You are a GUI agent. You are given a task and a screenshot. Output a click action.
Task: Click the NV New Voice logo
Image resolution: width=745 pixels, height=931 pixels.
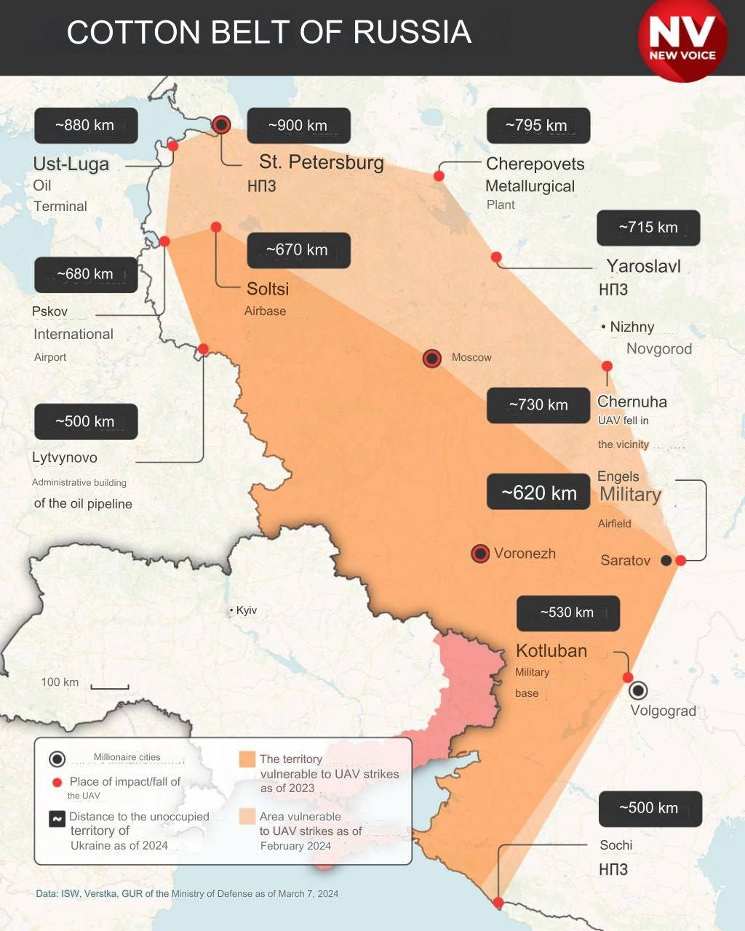(682, 40)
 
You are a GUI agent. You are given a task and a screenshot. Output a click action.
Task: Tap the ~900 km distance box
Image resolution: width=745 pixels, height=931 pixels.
(298, 126)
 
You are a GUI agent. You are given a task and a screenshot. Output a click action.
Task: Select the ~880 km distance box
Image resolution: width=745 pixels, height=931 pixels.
(85, 126)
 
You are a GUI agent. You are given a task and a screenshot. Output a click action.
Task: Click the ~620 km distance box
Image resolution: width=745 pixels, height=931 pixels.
(538, 492)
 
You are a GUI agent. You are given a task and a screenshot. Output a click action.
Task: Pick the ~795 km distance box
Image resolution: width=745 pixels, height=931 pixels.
(538, 126)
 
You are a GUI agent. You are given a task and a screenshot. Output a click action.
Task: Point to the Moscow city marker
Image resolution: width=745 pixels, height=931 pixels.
(432, 358)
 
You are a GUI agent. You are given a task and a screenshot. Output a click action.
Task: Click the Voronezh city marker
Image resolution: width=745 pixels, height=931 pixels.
(480, 554)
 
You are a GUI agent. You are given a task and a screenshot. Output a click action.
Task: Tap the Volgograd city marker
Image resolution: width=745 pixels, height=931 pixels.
(638, 690)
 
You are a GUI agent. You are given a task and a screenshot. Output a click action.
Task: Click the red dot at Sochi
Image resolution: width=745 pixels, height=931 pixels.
(498, 903)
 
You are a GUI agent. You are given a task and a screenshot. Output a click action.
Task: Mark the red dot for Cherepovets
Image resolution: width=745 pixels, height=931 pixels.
(439, 176)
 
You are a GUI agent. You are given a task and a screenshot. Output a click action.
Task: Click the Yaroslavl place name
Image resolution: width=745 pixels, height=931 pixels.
(643, 266)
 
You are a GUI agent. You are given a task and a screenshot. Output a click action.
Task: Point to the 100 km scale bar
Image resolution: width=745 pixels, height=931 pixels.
(111, 687)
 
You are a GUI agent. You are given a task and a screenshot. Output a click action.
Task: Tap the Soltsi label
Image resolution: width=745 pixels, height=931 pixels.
(268, 289)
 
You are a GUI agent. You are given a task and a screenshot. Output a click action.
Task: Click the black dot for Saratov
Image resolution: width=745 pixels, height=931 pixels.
(666, 560)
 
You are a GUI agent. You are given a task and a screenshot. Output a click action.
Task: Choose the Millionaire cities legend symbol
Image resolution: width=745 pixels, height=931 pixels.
(57, 759)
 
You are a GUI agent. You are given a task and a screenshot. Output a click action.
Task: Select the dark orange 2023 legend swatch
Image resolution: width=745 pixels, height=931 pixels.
(247, 759)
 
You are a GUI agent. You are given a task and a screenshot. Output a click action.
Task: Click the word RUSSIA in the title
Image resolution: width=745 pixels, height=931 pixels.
(413, 33)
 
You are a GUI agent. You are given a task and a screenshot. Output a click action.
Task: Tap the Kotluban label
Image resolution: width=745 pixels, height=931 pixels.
(551, 651)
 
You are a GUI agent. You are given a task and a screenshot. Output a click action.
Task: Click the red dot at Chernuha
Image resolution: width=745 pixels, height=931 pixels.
(607, 367)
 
